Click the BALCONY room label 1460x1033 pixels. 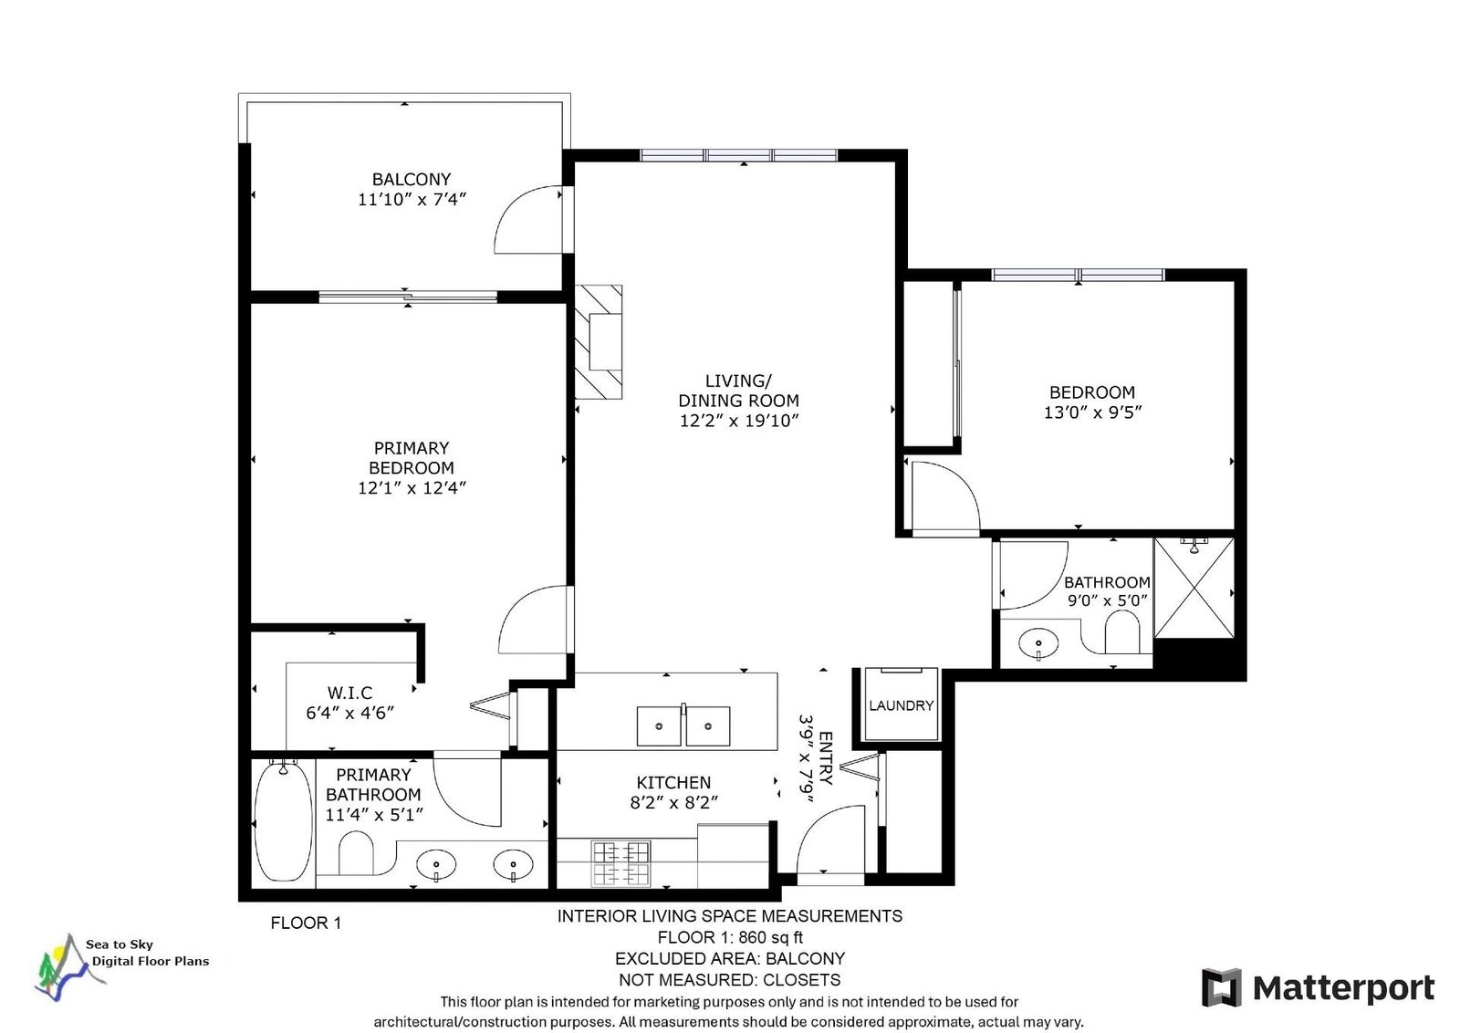coord(411,179)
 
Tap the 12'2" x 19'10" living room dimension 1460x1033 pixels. coord(739,421)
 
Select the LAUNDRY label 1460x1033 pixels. coord(901,705)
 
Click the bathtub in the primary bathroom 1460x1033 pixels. coord(282,822)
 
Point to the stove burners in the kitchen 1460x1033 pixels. coord(620,864)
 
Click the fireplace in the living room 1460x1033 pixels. coord(599,342)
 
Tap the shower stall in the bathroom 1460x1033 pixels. coord(1194,588)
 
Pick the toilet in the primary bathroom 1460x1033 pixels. coord(356,852)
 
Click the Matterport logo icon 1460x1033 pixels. coord(1222,987)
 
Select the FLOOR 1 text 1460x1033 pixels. coord(306,923)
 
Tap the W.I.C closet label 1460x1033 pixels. coord(350,692)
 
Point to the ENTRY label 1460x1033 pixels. coord(825,758)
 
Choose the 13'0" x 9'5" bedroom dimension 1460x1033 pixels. coord(1092,412)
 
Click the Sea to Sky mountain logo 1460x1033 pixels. coord(68,968)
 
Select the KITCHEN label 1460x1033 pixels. coord(673,782)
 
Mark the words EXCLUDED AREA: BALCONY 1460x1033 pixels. coord(730,959)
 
